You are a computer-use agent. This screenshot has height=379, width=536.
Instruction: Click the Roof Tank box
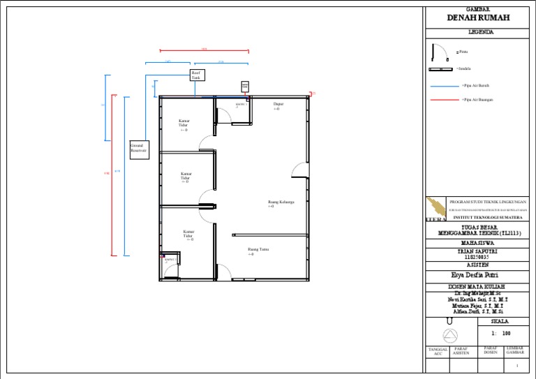(197, 75)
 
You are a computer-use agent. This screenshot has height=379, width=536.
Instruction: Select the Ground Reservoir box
(139, 149)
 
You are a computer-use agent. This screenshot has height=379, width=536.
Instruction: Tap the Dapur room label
(278, 106)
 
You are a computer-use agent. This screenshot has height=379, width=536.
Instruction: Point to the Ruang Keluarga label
(281, 204)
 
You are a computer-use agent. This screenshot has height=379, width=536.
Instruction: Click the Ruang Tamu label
(258, 251)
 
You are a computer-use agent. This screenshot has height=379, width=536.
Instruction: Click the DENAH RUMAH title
(478, 17)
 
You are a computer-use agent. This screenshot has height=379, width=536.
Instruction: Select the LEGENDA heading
(481, 32)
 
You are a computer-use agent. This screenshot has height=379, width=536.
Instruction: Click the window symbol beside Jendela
(440, 69)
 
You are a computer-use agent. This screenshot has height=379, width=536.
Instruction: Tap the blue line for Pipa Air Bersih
(444, 86)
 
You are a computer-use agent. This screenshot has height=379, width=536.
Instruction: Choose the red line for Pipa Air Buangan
(444, 100)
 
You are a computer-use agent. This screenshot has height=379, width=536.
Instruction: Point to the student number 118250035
(478, 256)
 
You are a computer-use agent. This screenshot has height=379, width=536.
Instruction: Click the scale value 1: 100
(500, 334)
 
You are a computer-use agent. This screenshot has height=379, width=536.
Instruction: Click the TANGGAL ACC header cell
(438, 351)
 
